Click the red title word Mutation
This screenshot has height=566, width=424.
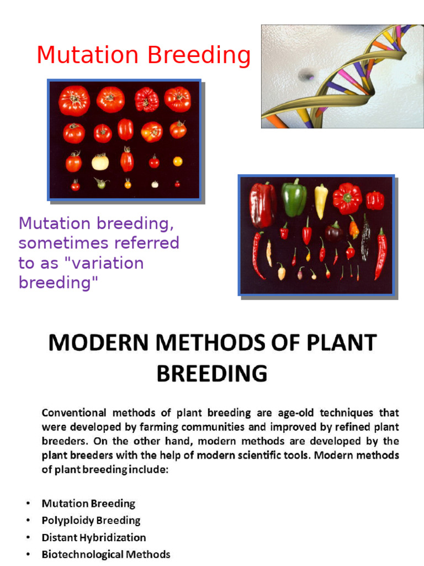(88, 55)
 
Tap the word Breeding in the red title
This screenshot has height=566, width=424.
(199, 56)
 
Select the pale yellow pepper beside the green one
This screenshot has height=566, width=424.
(321, 201)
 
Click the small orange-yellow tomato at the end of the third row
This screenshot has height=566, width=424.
(177, 161)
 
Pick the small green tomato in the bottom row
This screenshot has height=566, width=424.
(102, 183)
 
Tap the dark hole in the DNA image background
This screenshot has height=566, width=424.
(306, 75)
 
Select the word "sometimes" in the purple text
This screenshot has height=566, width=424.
(64, 243)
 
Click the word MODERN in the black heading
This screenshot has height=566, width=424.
(98, 343)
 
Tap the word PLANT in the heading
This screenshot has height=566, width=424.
(342, 343)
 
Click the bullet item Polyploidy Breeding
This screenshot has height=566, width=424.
(91, 521)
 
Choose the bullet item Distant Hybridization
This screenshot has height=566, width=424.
(94, 537)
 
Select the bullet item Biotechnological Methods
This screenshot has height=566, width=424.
(106, 554)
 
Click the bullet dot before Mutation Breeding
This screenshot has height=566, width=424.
(28, 504)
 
